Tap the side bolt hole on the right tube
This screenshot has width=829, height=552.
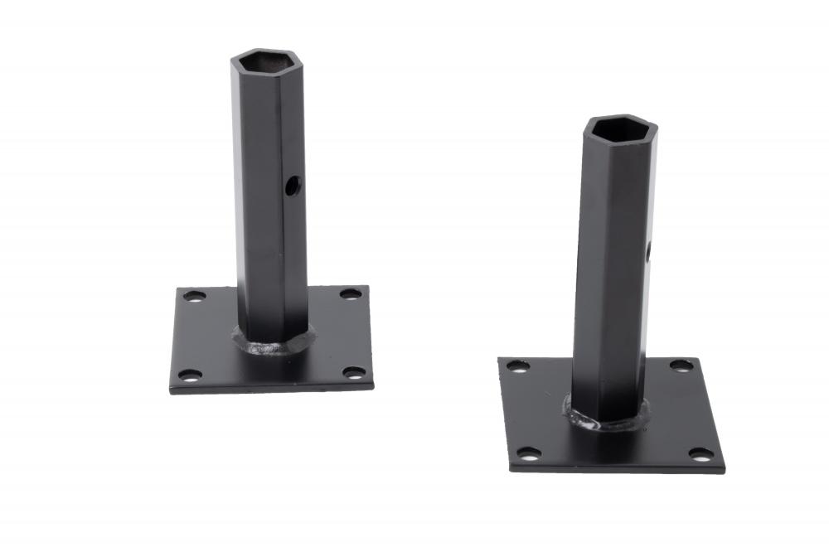(649, 249)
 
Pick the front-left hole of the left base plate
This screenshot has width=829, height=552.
(190, 375)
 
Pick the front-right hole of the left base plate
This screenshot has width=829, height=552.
(355, 372)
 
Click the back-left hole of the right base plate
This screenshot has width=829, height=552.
(518, 366)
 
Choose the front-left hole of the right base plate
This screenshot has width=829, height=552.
(527, 453)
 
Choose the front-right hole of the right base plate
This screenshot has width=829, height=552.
(701, 453)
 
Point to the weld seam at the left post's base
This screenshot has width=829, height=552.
(274, 344)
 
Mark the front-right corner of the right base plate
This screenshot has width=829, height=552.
(724, 470)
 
